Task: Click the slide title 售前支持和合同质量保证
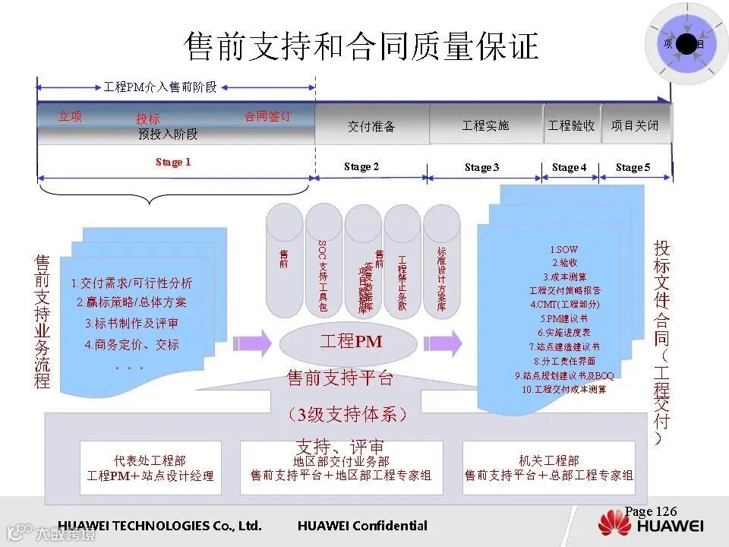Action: [x=361, y=46]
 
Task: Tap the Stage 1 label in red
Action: [x=173, y=162]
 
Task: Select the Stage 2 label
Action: [x=361, y=166]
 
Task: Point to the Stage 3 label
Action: [x=482, y=167]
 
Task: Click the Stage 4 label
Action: [x=570, y=167]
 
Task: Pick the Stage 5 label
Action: [x=633, y=167]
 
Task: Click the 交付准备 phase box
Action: [x=371, y=126]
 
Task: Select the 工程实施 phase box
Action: [x=486, y=125]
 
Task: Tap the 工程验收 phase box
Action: [x=571, y=125]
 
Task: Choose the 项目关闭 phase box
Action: [x=635, y=125]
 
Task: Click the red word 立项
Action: [x=70, y=116]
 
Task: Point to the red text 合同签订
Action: [x=267, y=116]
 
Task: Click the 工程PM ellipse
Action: [x=351, y=342]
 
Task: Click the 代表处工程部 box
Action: [x=150, y=468]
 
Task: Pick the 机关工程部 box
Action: [x=548, y=468]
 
